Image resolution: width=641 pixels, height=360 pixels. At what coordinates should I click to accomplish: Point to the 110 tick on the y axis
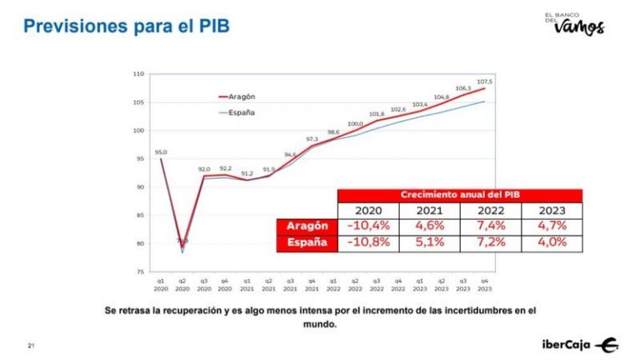[139, 74]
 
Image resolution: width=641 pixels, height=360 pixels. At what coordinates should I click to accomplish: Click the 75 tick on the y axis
[141, 271]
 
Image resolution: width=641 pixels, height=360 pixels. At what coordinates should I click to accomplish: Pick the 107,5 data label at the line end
[484, 81]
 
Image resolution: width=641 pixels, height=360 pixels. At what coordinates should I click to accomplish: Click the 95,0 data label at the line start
[160, 152]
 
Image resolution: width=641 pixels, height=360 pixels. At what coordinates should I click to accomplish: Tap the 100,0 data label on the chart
[356, 124]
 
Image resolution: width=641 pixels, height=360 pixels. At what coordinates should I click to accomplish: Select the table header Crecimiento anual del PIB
[459, 195]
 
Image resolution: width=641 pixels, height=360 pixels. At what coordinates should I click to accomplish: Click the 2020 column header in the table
[367, 210]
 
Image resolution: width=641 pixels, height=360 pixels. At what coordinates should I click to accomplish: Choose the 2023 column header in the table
[552, 210]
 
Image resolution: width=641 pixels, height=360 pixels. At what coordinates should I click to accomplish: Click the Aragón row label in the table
[306, 226]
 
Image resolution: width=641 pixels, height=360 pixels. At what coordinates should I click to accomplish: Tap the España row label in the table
[306, 243]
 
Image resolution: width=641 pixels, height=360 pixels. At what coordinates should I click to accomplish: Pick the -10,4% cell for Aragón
[367, 226]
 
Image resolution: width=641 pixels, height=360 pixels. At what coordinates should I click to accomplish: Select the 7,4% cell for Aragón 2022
[490, 226]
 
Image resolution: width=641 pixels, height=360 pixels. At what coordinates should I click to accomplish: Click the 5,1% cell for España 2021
[429, 243]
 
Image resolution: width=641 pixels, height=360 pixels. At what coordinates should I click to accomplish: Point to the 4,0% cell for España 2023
[552, 243]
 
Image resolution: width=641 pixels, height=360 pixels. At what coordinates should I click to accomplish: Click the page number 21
[31, 345]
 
